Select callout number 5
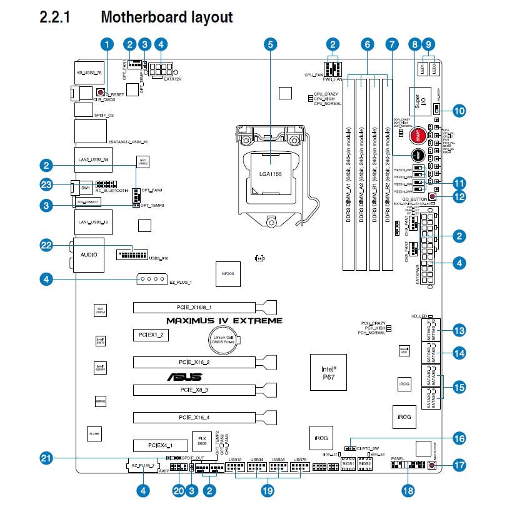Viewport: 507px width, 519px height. [x=269, y=44]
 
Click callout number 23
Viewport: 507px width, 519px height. [x=45, y=185]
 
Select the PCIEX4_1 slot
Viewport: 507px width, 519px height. [x=151, y=445]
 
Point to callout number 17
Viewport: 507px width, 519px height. [x=459, y=465]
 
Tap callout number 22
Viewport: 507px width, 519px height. [x=45, y=246]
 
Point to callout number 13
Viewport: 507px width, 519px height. [x=459, y=330]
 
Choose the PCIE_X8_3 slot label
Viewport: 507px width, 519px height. [x=193, y=390]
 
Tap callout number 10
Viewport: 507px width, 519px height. [x=459, y=111]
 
